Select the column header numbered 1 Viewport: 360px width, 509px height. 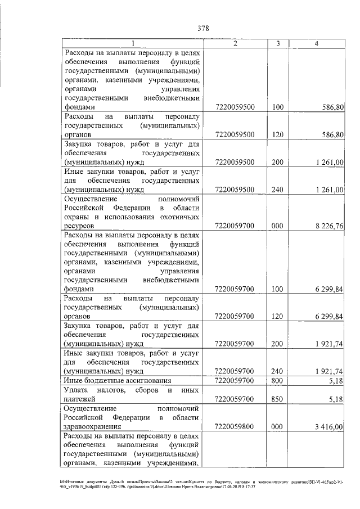tap(132, 43)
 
